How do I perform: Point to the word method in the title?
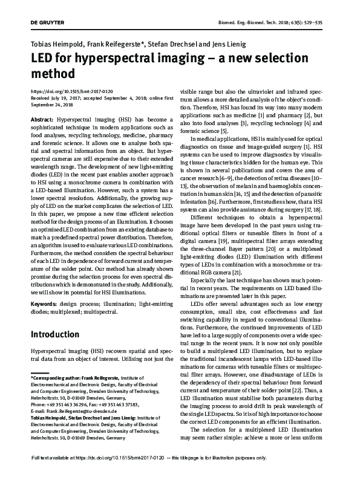point(53,75)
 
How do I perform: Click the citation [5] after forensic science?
point(224,131)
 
